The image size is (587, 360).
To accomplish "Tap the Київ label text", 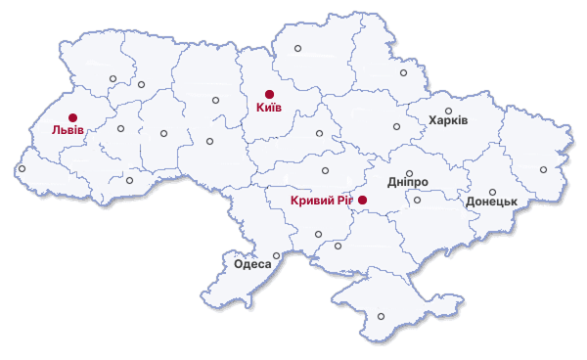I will coord(268,108).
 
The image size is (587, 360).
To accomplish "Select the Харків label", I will coord(449,121).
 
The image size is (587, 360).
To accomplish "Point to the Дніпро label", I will coord(408,183).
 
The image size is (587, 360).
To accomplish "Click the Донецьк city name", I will coord(491,202).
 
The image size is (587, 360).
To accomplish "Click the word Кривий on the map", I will coord(313,201).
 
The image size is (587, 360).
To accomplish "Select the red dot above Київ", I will coord(269,95).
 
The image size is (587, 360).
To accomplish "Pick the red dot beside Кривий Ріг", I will coord(362,200).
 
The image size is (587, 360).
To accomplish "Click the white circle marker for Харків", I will coord(449,111).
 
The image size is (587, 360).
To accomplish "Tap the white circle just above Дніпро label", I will coord(410,173).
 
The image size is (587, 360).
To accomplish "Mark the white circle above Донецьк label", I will coord(493,192).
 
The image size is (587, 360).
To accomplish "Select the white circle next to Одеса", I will coord(276,256).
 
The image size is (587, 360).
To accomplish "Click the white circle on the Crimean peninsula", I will coord(382,316).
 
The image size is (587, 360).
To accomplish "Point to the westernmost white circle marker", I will coord(22,169).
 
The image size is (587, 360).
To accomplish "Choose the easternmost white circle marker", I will coord(544,169).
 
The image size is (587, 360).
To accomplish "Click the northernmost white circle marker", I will coord(298,47).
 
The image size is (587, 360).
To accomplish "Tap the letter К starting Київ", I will coord(259,108).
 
